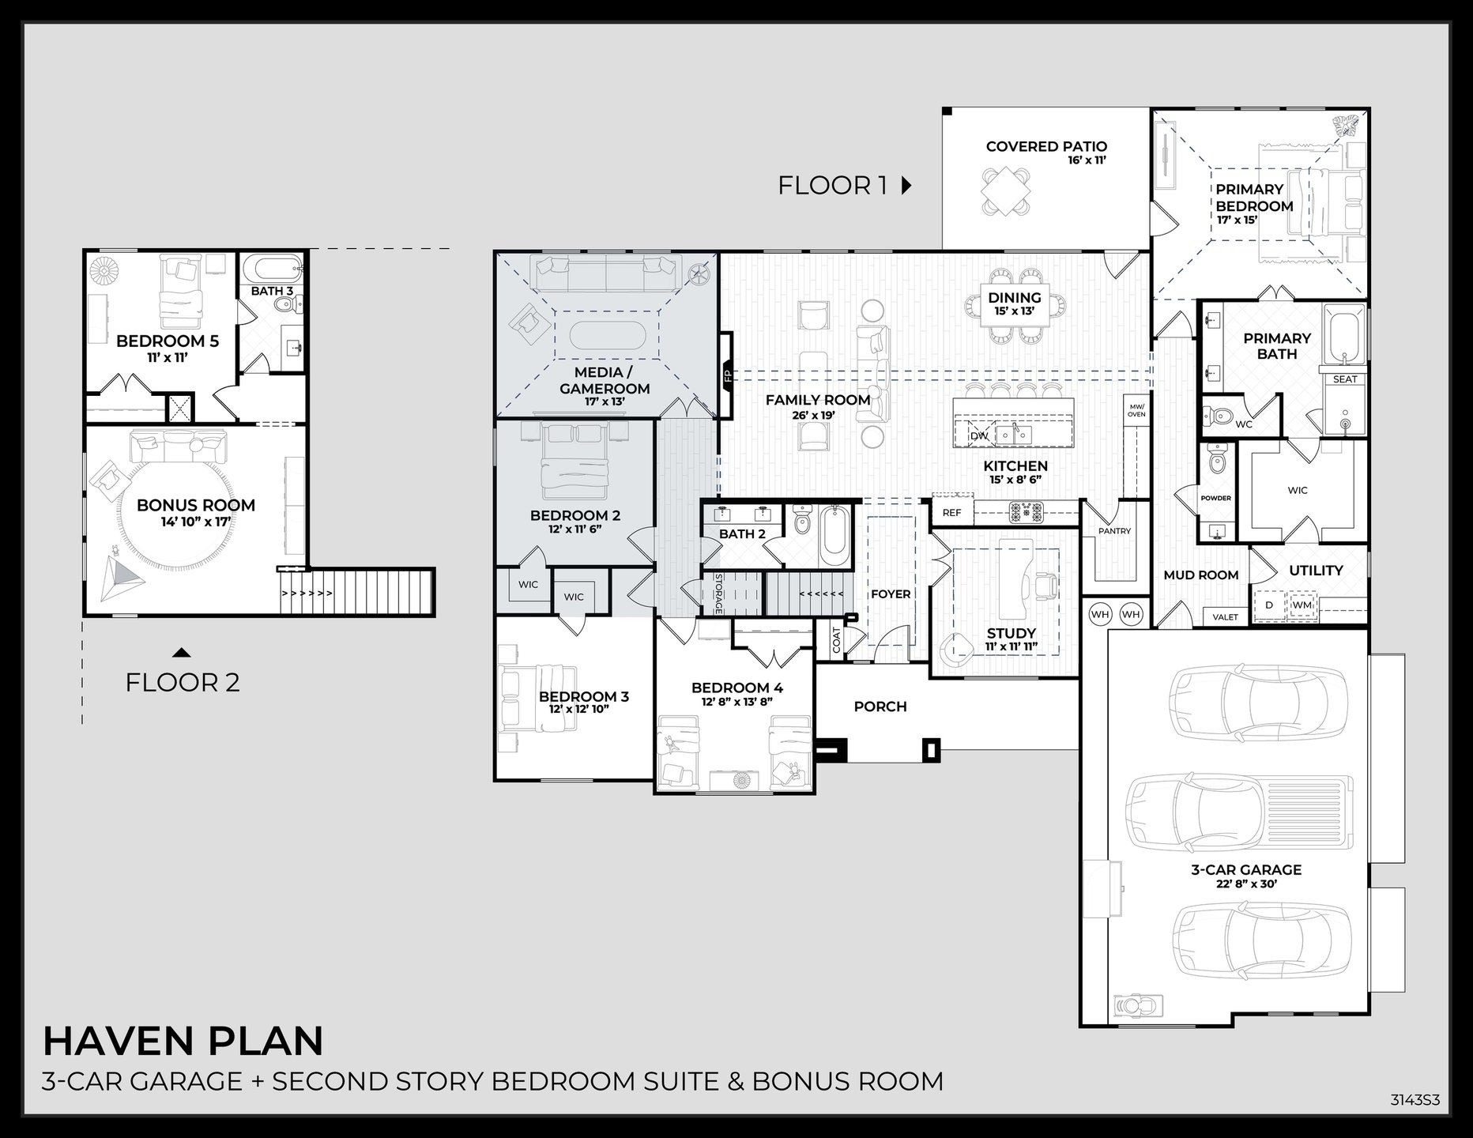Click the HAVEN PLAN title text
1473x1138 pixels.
click(x=183, y=1041)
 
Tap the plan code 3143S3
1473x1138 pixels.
click(x=1415, y=1099)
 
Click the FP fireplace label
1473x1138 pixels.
click(x=726, y=376)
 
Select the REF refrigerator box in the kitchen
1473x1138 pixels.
click(x=952, y=512)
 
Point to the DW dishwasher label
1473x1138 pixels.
click(x=978, y=435)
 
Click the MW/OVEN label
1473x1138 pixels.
click(x=1136, y=410)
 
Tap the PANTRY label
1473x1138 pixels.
click(x=1114, y=531)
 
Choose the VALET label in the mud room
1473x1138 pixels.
click(x=1225, y=616)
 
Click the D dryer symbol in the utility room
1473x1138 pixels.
click(x=1269, y=605)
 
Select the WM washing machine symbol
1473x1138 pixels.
click(x=1302, y=605)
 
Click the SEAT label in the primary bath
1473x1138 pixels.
click(x=1345, y=379)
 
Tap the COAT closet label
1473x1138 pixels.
click(x=836, y=640)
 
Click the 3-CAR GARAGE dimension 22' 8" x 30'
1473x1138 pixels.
click(x=1246, y=884)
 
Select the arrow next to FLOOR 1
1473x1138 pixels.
click(x=906, y=186)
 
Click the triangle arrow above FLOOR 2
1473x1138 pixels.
click(x=182, y=653)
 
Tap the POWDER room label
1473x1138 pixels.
click(x=1215, y=498)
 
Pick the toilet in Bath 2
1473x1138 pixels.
click(x=803, y=521)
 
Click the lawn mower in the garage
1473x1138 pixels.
click(x=1136, y=1006)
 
